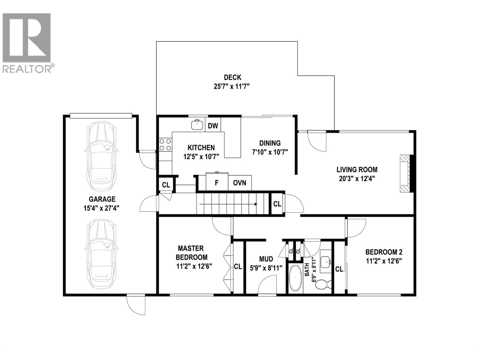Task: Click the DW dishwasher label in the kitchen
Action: (x=213, y=125)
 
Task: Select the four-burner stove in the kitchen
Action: (x=165, y=145)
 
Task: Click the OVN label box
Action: (x=239, y=182)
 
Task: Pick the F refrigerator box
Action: (x=217, y=182)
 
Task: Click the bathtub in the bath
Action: (x=295, y=278)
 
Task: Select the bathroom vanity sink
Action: (x=325, y=262)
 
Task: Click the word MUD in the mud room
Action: (x=266, y=259)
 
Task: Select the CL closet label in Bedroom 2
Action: (x=339, y=269)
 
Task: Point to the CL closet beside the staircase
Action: (x=277, y=204)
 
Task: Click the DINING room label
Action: (x=270, y=143)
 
